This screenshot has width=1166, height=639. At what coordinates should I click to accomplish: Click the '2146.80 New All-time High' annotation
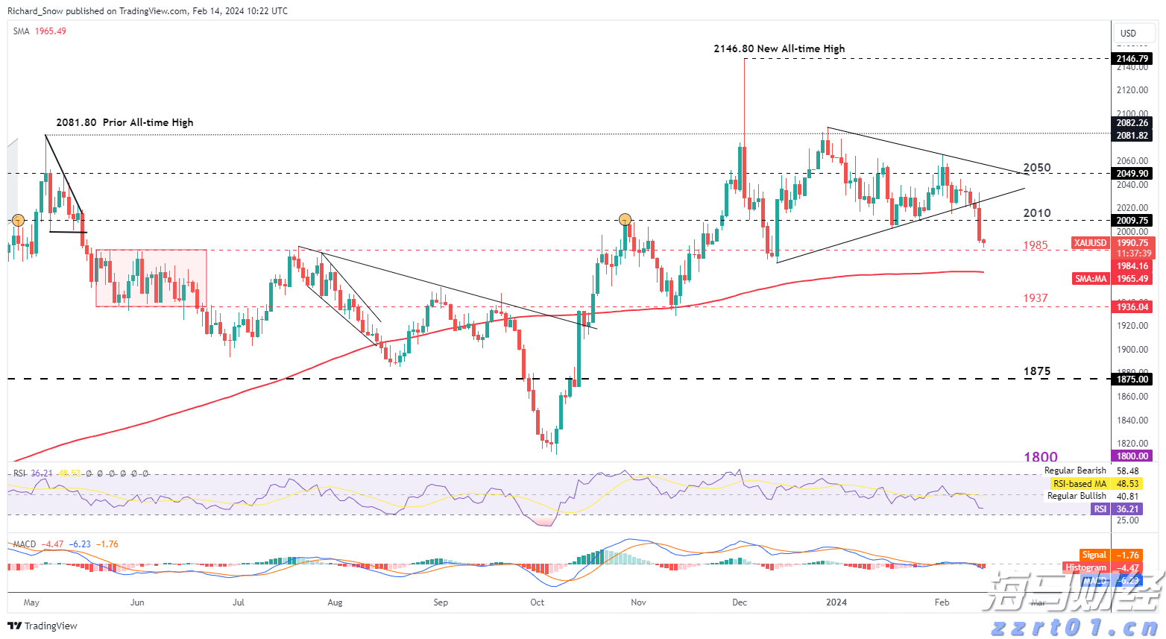point(779,48)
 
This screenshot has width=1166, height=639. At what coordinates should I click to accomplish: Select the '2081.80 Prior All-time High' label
point(125,122)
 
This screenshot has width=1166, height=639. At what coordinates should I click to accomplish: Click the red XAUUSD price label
point(1090,243)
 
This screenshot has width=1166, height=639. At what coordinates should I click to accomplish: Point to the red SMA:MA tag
point(1091,279)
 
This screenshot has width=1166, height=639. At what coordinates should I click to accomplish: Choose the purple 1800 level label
point(1040,457)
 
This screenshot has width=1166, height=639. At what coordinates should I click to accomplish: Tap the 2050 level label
point(1037,168)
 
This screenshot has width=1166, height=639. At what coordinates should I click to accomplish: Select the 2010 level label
point(1037,213)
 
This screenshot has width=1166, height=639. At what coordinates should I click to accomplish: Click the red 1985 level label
point(1035,245)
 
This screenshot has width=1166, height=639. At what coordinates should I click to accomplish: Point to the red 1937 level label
point(1035,298)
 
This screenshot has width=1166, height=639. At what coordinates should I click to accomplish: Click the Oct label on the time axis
point(537,602)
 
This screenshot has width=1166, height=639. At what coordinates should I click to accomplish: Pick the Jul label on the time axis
point(239,602)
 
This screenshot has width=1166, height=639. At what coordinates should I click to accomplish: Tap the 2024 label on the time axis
point(836,602)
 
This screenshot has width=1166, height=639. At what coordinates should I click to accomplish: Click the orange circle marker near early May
point(19,220)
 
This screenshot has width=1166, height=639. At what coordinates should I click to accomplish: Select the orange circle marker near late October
point(625,219)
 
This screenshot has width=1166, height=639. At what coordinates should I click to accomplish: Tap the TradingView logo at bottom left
point(43,626)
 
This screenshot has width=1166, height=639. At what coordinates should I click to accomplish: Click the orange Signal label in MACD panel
point(1094,555)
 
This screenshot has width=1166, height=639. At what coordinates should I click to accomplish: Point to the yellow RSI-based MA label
point(1080,484)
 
